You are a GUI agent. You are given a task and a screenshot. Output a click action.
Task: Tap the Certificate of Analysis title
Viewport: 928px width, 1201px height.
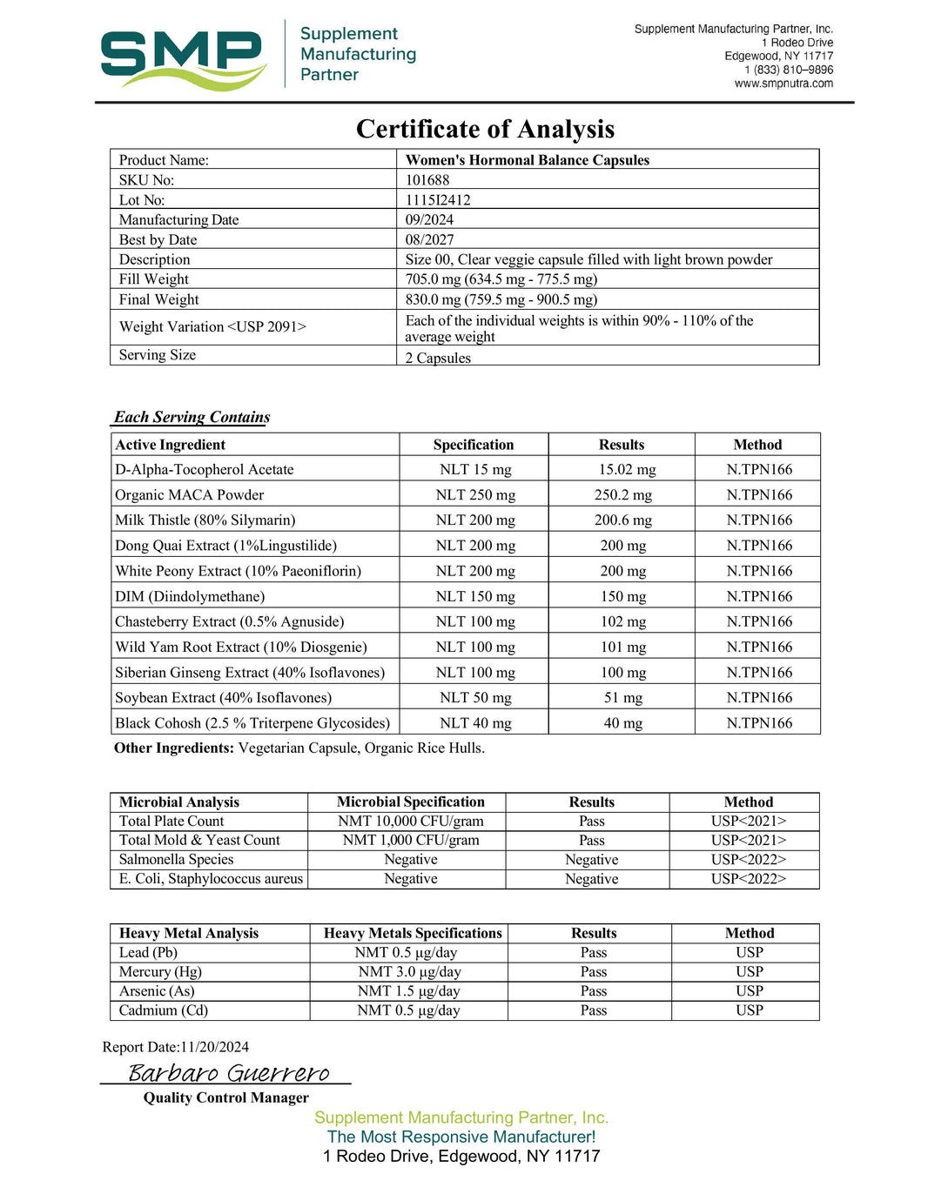coord(485,129)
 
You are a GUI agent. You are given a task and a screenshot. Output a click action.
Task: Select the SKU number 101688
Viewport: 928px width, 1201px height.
coord(427,180)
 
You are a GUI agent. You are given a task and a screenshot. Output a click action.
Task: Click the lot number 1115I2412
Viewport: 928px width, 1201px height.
coord(438,200)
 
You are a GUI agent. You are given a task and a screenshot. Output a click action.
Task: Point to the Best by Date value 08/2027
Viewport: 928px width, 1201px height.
coord(429,239)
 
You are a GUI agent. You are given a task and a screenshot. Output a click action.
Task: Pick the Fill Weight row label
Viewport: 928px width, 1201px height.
coord(154,279)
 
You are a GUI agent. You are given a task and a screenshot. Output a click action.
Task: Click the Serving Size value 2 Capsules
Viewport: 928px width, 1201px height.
coord(438,358)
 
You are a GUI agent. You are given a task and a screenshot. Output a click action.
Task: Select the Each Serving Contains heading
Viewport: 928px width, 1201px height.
coord(192,417)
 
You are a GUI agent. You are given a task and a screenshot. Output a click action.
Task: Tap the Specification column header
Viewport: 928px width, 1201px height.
coord(474,445)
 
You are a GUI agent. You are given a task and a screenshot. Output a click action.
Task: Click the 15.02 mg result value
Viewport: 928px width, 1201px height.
coord(627,470)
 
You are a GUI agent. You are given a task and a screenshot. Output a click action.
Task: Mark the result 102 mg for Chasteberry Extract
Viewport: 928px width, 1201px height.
coord(623,622)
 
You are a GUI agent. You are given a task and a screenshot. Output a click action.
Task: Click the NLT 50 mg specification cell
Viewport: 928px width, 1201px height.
coord(475,698)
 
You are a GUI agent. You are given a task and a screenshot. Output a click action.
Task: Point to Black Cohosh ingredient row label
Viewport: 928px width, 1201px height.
coord(252,723)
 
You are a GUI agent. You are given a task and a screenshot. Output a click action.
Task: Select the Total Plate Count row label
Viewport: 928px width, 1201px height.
coord(171,822)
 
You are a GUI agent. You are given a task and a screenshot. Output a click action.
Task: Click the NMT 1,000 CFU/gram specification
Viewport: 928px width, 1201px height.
coord(411,841)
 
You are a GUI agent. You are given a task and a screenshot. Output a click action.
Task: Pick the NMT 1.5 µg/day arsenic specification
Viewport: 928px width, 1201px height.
coord(408,991)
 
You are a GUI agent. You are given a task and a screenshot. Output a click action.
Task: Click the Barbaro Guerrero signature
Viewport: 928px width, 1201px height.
coord(229,1073)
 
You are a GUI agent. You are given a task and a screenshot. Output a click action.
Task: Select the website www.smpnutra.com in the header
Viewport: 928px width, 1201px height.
coord(783,84)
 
